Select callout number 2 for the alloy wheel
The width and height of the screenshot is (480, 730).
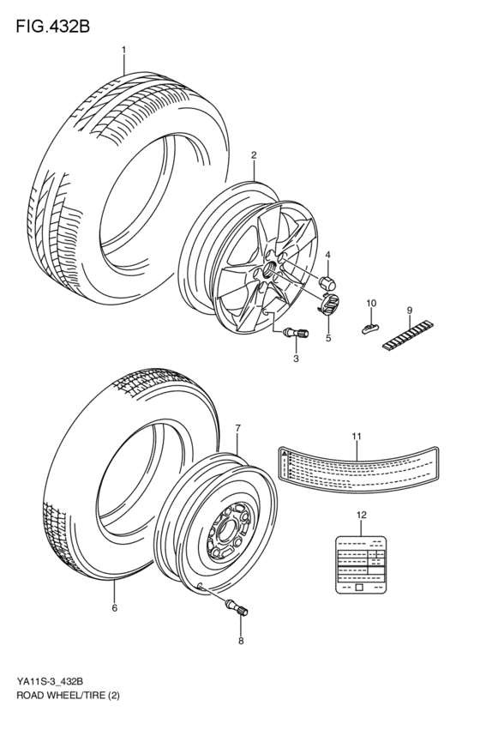pos(255,155)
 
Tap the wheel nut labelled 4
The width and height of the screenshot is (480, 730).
pos(326,281)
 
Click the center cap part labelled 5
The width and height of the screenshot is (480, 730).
pos(330,304)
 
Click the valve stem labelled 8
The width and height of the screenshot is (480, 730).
pos(235,609)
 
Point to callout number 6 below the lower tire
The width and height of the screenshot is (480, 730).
pos(114,608)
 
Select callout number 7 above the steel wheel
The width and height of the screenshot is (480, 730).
pos(237,427)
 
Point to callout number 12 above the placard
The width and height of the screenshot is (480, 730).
pos(361,515)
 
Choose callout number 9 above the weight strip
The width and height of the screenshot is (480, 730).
pos(410,310)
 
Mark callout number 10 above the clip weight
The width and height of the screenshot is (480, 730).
pos(371,304)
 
